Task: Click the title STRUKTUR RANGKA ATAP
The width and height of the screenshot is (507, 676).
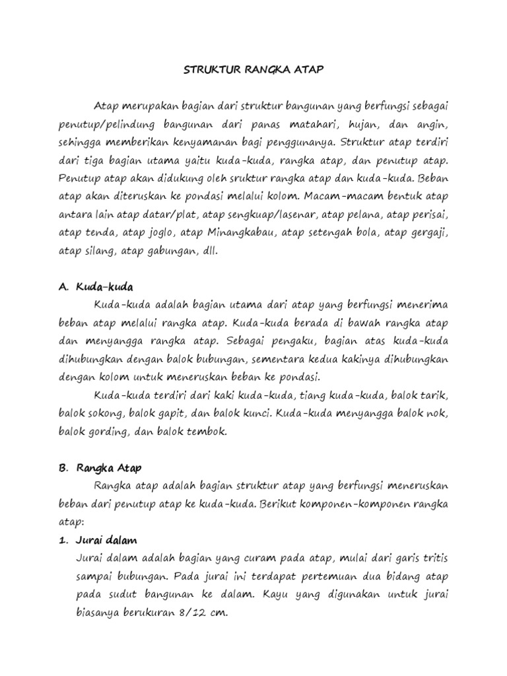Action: point(253,69)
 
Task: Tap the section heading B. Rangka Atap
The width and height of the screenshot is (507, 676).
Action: point(100,467)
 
